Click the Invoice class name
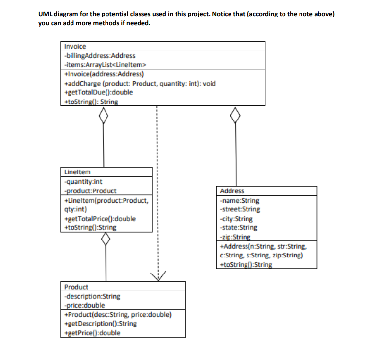click(x=75, y=46)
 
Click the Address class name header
click(x=232, y=191)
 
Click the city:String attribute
click(x=236, y=219)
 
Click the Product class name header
click(x=76, y=287)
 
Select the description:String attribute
click(x=92, y=296)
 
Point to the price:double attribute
click(x=84, y=305)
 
